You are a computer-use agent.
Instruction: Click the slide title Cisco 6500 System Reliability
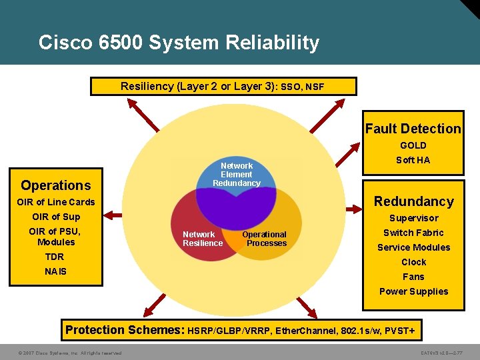[x=179, y=43]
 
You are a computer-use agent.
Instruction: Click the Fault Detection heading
[x=413, y=129]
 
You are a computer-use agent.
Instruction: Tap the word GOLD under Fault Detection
[x=413, y=145]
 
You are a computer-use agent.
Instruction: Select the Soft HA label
[x=413, y=160]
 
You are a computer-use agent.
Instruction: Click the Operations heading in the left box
[x=55, y=185]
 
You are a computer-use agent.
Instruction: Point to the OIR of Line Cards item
[x=56, y=202]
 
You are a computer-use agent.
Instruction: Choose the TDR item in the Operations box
[x=55, y=257]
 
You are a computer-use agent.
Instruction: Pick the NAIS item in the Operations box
[x=56, y=271]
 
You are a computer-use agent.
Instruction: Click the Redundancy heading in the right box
[x=413, y=201]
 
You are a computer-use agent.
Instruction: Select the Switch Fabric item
[x=413, y=233]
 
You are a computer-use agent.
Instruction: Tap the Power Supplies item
[x=413, y=291]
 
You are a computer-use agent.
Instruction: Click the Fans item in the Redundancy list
[x=413, y=277]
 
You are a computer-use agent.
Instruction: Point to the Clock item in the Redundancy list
[x=413, y=262]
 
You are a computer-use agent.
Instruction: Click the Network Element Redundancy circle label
[x=237, y=174]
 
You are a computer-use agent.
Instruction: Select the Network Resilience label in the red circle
[x=203, y=239]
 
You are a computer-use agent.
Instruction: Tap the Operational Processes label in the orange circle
[x=265, y=239]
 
